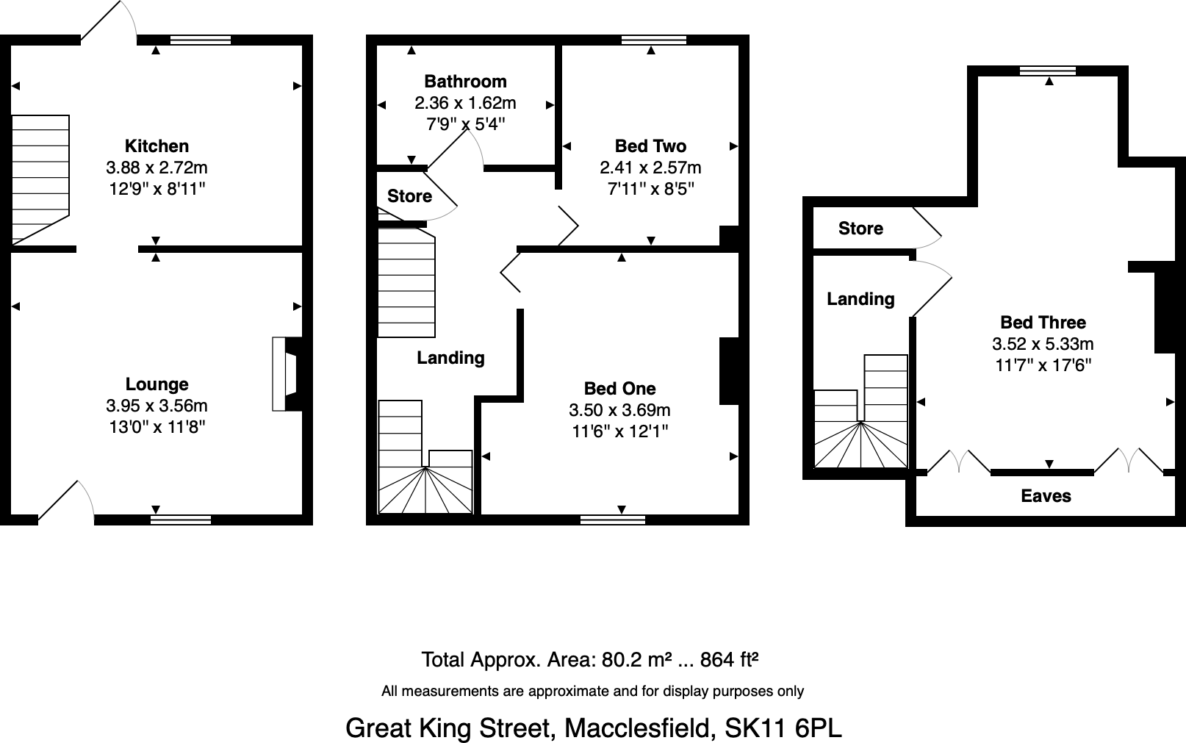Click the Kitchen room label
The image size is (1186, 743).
point(157,146)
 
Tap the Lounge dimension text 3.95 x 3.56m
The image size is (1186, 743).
point(157,406)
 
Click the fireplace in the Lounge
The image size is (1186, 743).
point(287,373)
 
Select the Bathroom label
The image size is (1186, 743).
point(465,82)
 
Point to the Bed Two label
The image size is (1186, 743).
point(650,146)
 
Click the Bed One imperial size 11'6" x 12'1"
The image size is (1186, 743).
point(620,431)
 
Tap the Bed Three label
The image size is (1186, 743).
point(1043,322)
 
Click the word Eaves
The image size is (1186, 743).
point(1046,496)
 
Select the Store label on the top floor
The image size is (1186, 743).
point(860,229)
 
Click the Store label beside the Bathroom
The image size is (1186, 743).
point(409,196)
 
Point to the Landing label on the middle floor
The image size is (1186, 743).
point(450,358)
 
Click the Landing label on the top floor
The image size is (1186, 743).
point(860,299)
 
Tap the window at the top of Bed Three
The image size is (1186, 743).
point(1048,71)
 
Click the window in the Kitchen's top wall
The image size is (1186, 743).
point(200,40)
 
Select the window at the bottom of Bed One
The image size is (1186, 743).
point(613,520)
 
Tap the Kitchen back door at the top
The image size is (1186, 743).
point(110,18)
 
